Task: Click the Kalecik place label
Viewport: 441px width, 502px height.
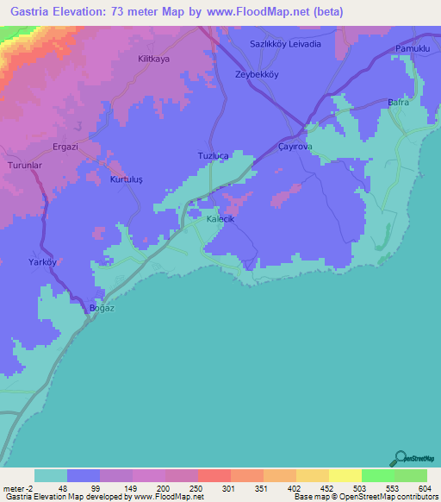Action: click(220, 220)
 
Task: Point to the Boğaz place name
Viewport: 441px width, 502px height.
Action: click(102, 308)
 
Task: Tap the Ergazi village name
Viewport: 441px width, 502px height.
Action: click(65, 147)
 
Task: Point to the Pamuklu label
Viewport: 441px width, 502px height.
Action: click(411, 49)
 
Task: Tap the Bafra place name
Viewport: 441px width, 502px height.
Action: click(397, 103)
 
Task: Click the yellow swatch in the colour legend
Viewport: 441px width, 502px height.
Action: click(345, 475)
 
